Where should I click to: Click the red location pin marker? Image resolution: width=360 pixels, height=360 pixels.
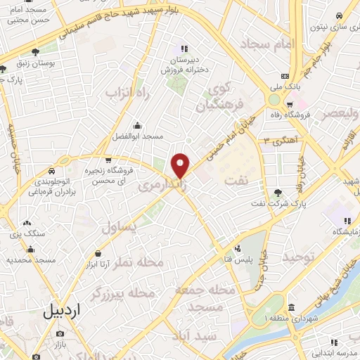click(x=181, y=165)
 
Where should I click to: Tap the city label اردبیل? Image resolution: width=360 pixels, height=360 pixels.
click(x=62, y=309)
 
